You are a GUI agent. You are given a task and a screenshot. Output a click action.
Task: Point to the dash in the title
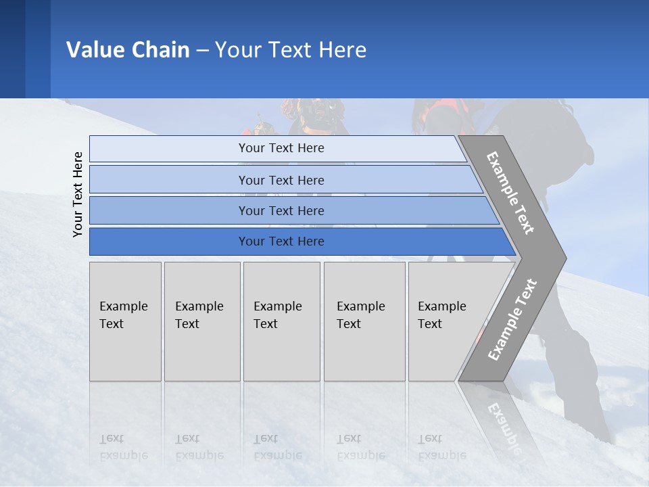[202, 51]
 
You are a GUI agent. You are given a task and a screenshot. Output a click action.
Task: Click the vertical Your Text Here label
[78, 194]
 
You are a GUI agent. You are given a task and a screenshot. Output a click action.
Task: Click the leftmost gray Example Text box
[125, 321]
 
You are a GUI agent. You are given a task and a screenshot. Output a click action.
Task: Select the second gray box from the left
[202, 321]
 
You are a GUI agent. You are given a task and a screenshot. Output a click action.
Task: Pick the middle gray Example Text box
[281, 321]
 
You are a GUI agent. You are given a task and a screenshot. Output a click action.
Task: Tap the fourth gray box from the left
[364, 321]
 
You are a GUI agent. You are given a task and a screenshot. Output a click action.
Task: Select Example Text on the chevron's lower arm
[512, 319]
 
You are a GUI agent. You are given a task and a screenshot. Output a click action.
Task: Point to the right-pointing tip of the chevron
[562, 258]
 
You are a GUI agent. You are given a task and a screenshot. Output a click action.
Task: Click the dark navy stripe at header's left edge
[12, 49]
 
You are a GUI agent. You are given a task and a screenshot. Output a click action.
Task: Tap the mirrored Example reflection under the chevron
[504, 427]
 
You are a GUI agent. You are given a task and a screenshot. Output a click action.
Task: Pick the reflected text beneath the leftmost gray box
[123, 447]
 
